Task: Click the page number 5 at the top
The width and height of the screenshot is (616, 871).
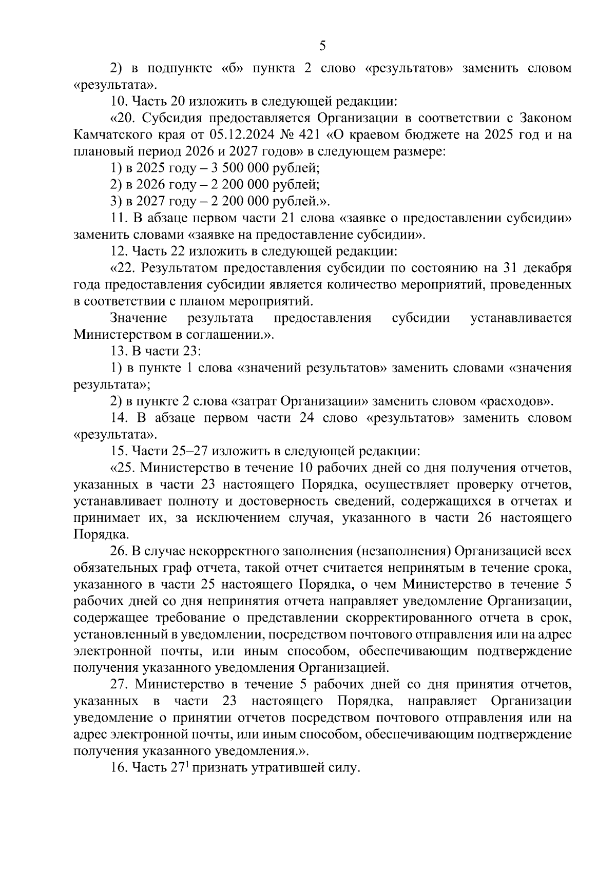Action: (322, 46)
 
